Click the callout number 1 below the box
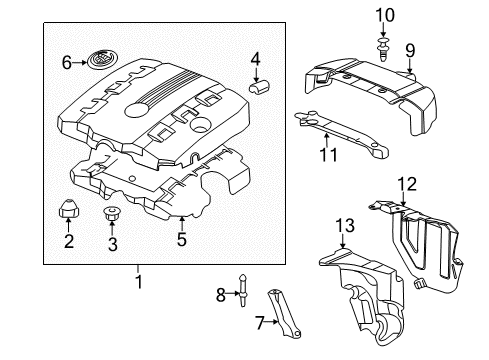[139, 282]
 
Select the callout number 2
[69, 240]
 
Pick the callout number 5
[181, 240]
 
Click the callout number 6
[67, 62]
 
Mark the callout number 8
[221, 294]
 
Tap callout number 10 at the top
[384, 14]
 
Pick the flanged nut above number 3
[112, 214]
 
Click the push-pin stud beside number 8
[243, 293]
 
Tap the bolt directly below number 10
[384, 43]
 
